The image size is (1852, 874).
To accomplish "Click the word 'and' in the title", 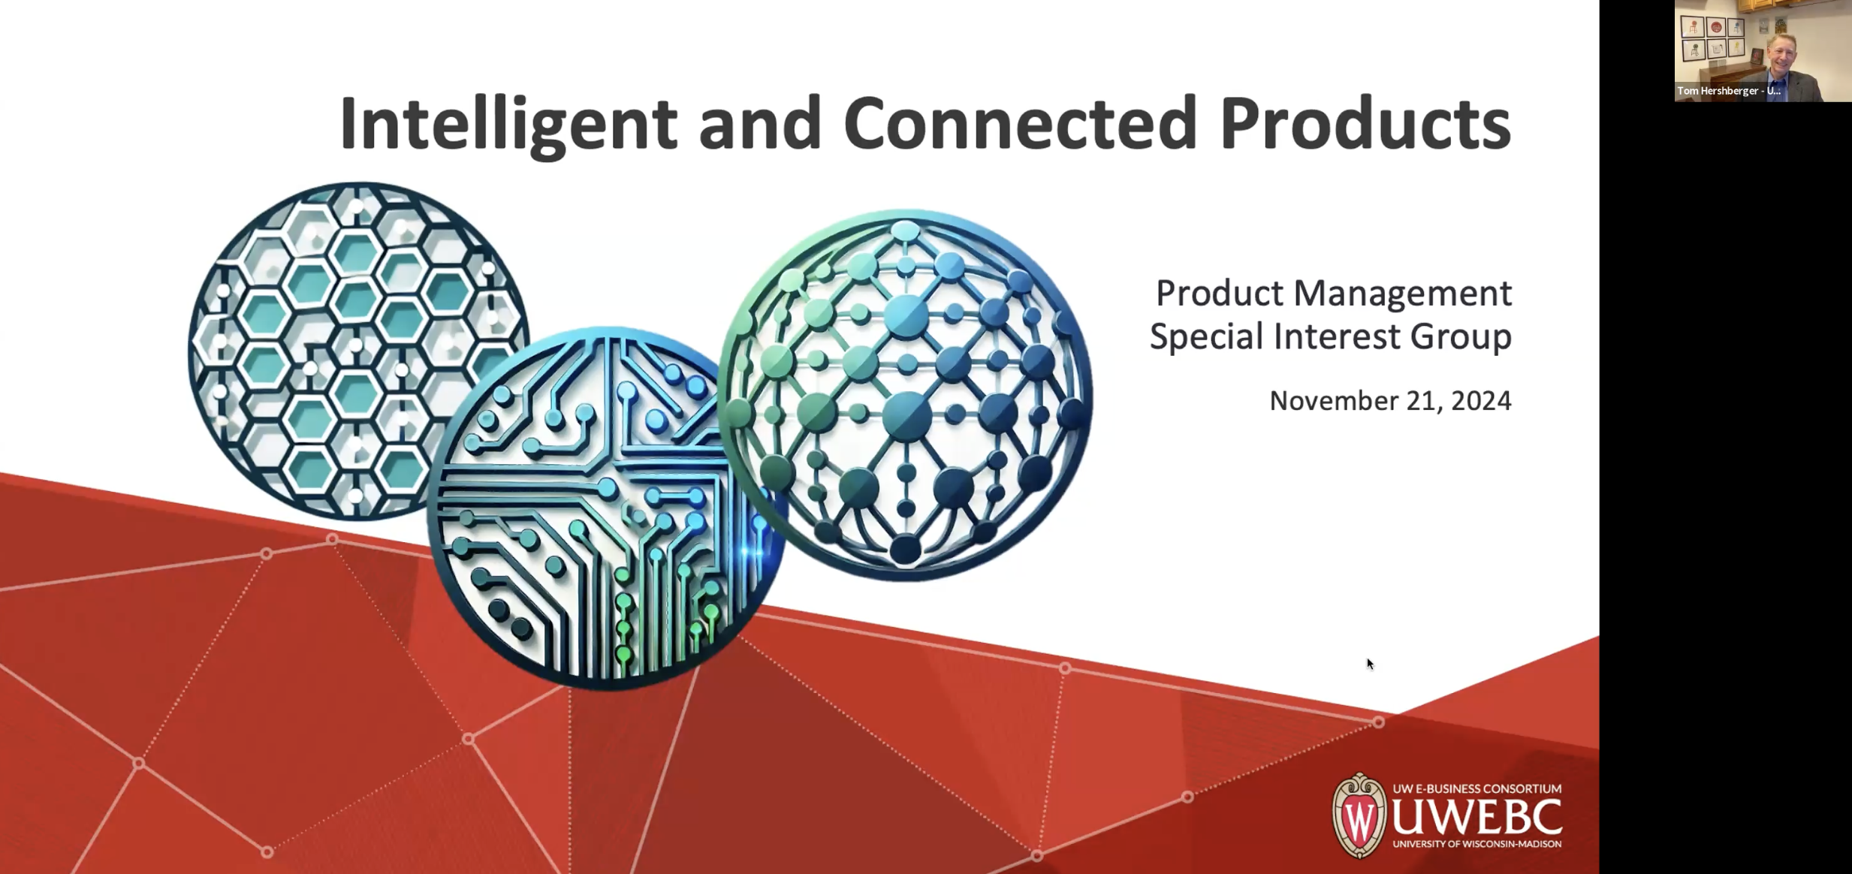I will click(759, 123).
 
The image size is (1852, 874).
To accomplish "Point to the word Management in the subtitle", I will click(1402, 293).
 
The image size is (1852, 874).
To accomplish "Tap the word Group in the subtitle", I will click(1460, 336).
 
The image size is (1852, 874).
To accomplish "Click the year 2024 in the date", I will click(1481, 401).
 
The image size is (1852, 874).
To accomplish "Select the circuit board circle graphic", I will click(601, 511).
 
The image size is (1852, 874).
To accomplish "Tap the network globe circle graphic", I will click(905, 394).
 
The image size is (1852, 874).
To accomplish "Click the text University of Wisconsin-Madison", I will click(1477, 844).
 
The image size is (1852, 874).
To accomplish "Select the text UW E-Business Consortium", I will click(1477, 788).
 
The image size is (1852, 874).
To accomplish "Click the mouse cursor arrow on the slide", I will click(1369, 663).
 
